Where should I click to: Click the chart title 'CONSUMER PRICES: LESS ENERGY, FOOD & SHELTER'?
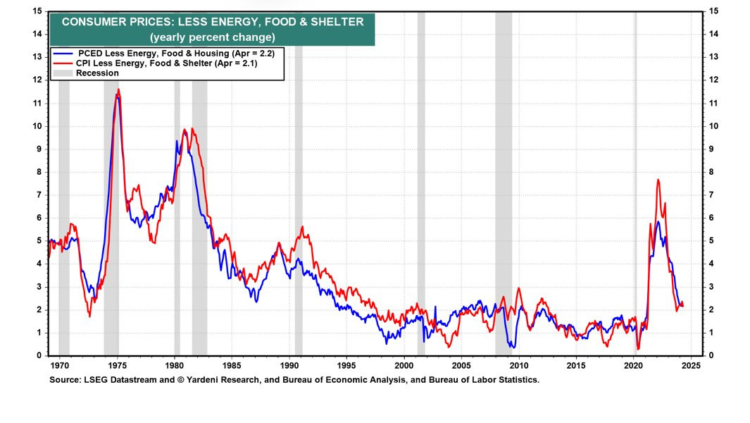[x=213, y=22]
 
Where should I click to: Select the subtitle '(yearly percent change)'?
[x=213, y=37]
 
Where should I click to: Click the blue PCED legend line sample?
[x=63, y=54]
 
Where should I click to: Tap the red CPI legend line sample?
[x=63, y=63]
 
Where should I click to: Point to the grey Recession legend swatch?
[x=63, y=73]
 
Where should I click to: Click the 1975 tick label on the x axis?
[x=117, y=367]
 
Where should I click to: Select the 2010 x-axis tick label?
[x=519, y=367]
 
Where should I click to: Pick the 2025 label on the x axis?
[x=691, y=367]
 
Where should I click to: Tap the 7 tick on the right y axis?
[x=713, y=195]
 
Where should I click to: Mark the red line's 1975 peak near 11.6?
[x=118, y=90]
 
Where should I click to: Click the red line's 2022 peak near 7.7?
[x=658, y=180]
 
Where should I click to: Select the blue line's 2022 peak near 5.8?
[x=658, y=222]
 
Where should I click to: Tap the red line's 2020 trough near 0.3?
[x=638, y=348]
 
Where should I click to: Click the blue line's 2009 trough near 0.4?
[x=513, y=347]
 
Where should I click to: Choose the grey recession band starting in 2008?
[x=504, y=183]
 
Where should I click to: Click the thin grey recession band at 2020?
[x=635, y=183]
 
